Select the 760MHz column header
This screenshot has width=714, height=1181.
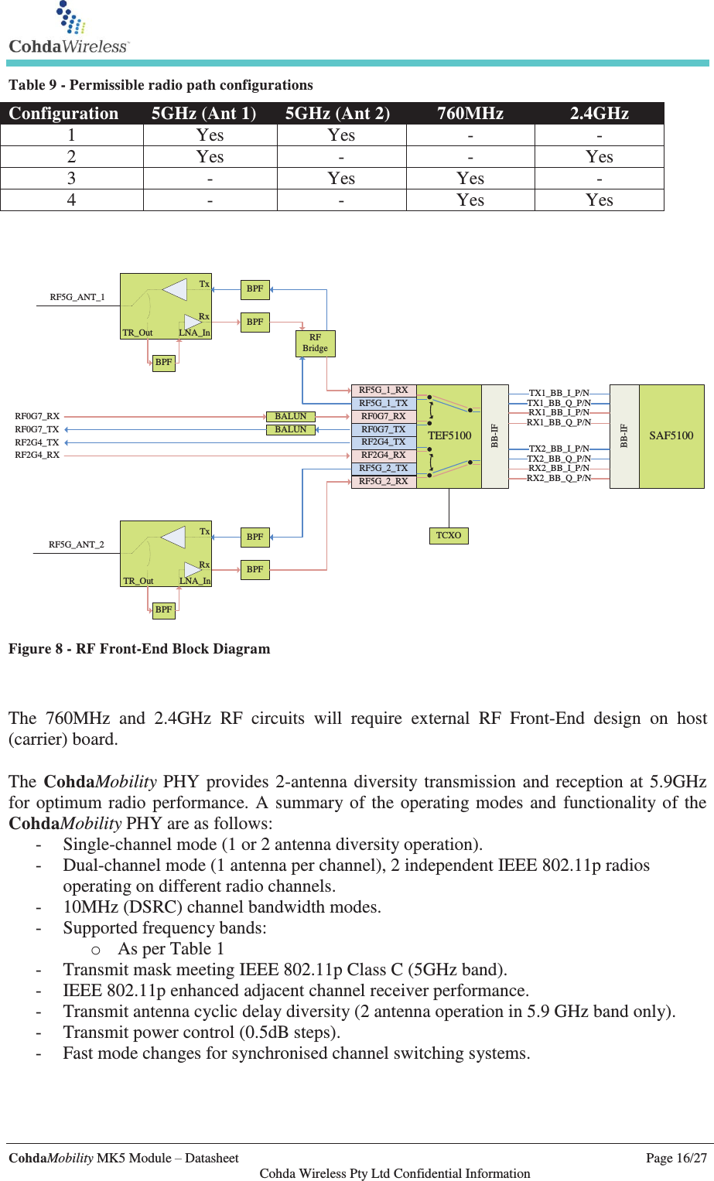pos(470,114)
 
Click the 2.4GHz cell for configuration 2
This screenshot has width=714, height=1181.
pos(599,157)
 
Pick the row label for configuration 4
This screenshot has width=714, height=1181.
pos(71,200)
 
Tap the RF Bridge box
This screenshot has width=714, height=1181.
pos(315,343)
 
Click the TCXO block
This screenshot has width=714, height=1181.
pos(449,535)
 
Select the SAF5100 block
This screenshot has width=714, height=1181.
pos(671,435)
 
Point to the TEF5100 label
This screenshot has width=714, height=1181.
pos(449,435)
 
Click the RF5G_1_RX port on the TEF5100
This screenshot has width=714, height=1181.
pos(384,390)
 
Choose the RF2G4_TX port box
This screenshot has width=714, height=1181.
pos(384,442)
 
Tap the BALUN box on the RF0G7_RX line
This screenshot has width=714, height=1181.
pos(291,416)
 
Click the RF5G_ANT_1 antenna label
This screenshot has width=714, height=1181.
pos(77,297)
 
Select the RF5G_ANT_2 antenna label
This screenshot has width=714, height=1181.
pos(77,544)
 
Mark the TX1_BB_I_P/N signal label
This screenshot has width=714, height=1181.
pos(559,393)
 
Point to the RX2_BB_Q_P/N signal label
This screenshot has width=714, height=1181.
pos(559,478)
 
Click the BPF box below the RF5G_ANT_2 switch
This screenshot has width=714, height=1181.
pos(163,609)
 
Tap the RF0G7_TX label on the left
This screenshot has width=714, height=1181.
pos(37,429)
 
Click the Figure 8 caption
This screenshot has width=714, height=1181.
pos(139,649)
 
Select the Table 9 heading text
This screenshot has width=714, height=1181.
pos(161,85)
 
